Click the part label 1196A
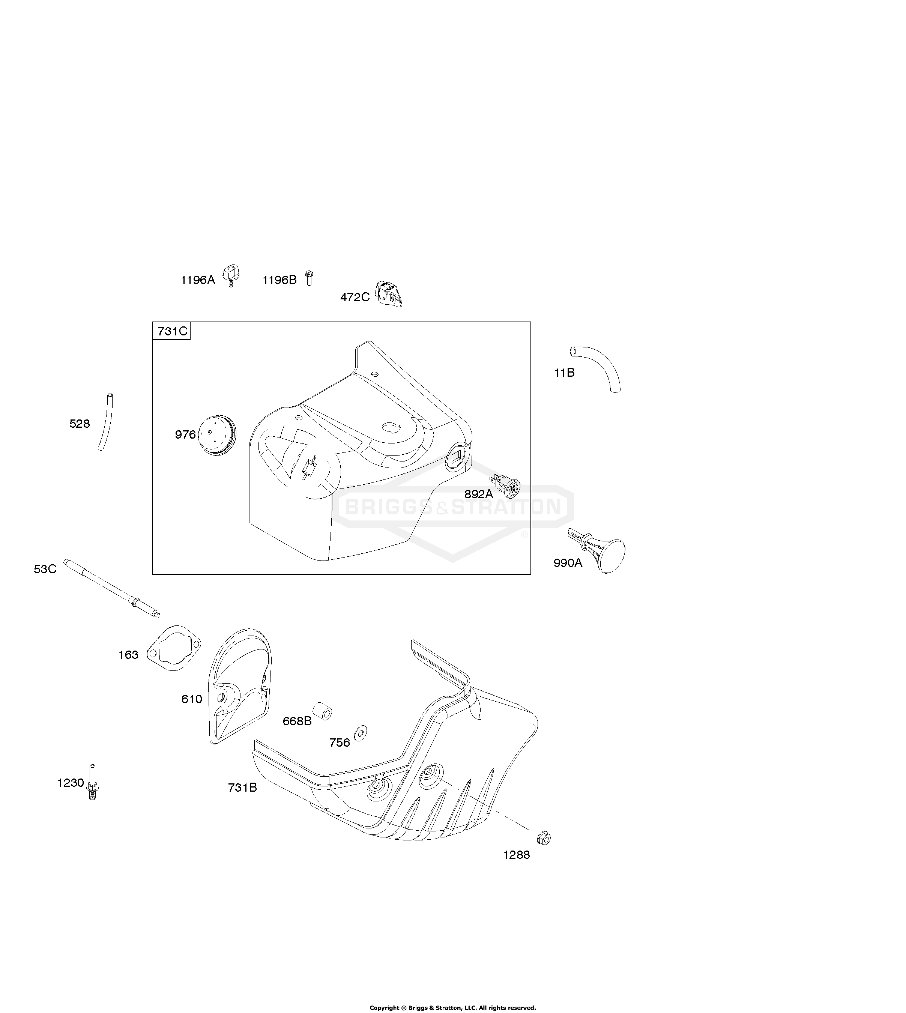pyautogui.click(x=198, y=280)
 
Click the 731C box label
pyautogui.click(x=172, y=331)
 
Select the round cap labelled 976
pyautogui.click(x=217, y=437)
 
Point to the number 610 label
pyautogui.click(x=192, y=699)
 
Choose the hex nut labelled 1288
pyautogui.click(x=544, y=838)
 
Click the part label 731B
pyautogui.click(x=242, y=787)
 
